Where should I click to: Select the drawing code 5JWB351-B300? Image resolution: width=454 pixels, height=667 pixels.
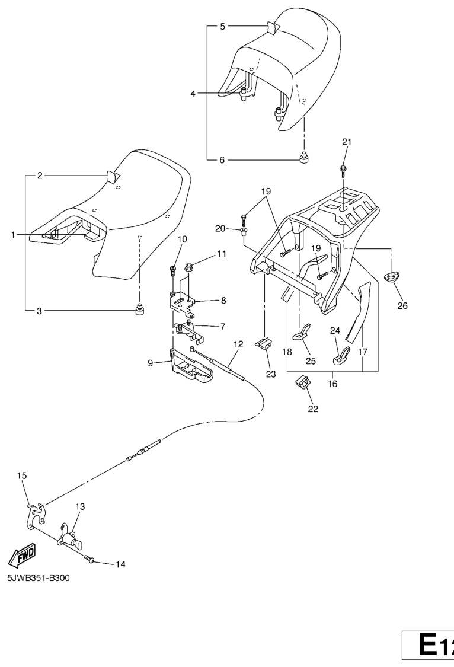(39, 579)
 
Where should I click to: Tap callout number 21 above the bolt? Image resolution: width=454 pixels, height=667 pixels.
(347, 142)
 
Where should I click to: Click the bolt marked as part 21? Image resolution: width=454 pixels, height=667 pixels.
(343, 170)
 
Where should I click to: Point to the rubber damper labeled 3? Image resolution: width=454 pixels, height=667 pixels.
(140, 309)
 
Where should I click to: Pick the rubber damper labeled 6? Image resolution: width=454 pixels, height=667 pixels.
(304, 158)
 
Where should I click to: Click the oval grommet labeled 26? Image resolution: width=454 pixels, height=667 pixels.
(391, 276)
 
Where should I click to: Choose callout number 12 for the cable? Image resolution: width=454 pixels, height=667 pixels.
(238, 343)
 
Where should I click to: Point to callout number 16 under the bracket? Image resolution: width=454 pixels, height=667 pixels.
(332, 384)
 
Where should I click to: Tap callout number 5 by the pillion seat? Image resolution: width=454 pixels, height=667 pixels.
(223, 27)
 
